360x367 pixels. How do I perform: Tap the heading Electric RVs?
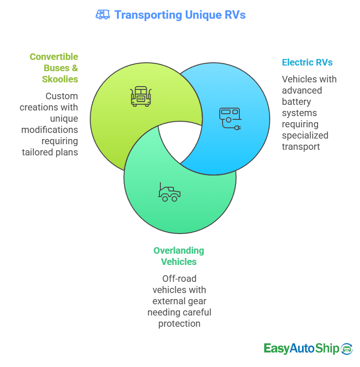tap(307, 62)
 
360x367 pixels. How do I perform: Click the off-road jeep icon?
tap(169, 192)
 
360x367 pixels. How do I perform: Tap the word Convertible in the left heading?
tap(54, 57)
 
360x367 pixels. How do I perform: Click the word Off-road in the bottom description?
tap(179, 279)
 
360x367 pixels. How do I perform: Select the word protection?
tap(179, 323)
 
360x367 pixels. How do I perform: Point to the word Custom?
tap(61, 96)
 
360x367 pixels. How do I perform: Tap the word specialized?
tap(305, 135)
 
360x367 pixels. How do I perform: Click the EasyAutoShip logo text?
tap(301, 348)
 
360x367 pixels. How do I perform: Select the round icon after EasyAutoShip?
tap(347, 348)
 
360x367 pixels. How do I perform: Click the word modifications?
tap(50, 130)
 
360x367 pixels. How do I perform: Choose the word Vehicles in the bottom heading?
tap(179, 262)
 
